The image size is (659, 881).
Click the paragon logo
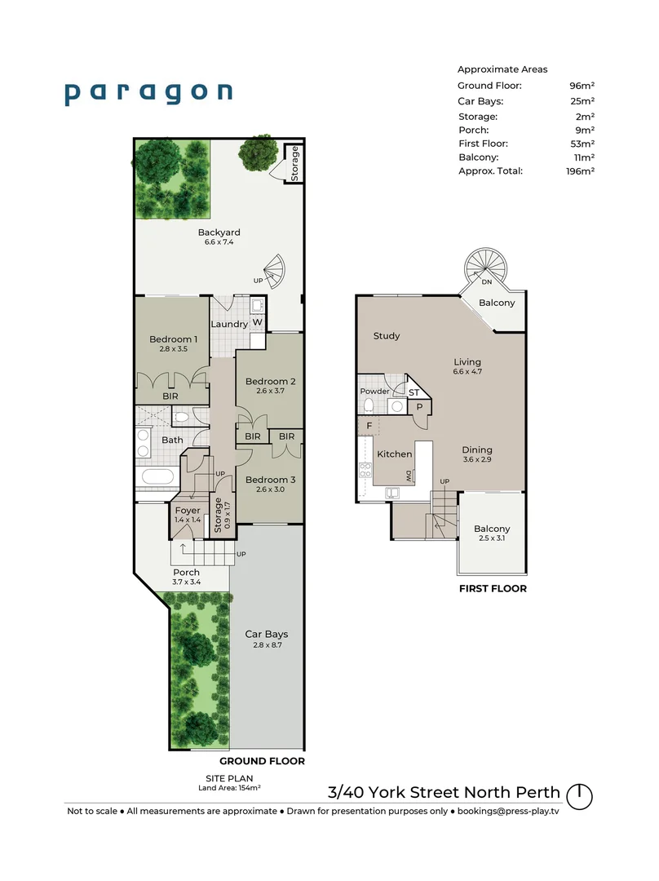(148, 92)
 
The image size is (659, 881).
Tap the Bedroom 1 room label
(173, 339)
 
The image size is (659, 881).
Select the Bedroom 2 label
(270, 381)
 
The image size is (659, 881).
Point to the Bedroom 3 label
(270, 480)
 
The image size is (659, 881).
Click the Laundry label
(229, 324)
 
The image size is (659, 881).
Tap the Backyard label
(219, 232)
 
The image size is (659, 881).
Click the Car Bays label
(267, 634)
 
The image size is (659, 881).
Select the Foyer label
(188, 511)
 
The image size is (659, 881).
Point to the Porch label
(186, 573)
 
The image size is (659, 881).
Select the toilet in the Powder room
(368, 405)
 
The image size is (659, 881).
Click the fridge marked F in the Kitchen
(368, 426)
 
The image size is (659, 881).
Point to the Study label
(386, 336)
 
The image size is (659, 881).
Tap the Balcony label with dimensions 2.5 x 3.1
(492, 529)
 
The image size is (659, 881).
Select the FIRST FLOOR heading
(492, 588)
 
